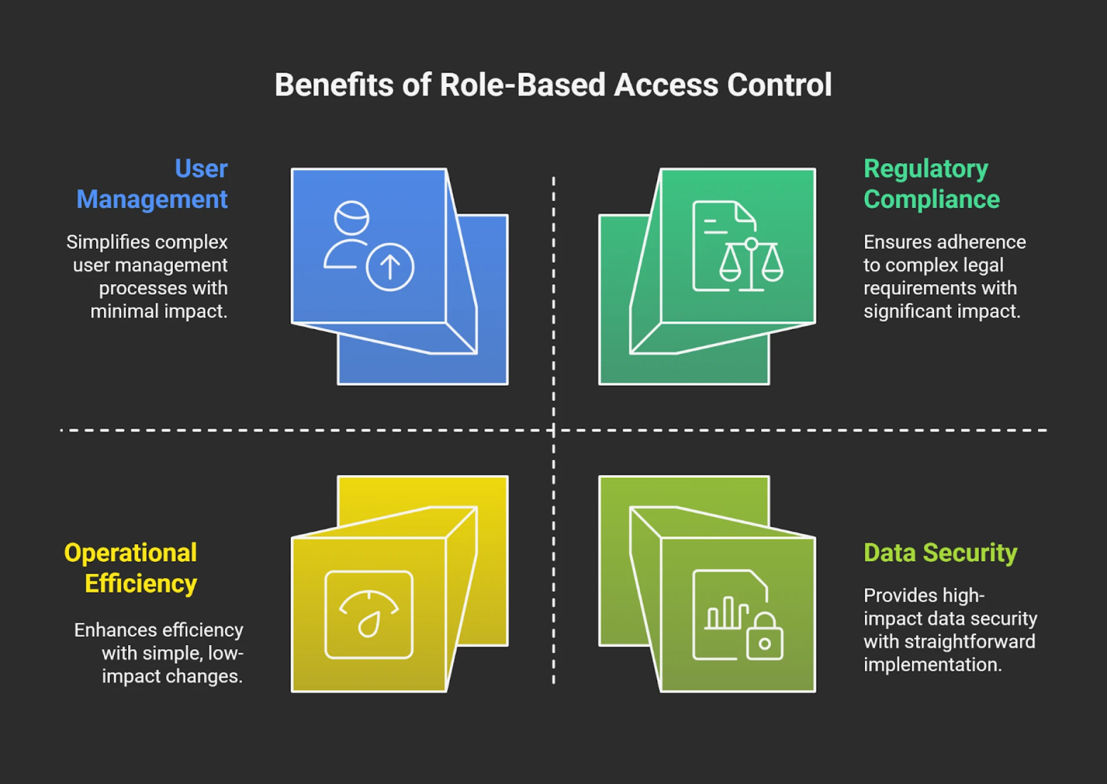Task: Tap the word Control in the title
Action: tap(779, 85)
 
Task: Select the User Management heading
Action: tap(153, 184)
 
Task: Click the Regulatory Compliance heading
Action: tap(931, 184)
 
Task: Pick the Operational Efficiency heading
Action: tap(131, 568)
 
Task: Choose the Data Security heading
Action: tap(940, 552)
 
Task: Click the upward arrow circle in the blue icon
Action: tap(390, 267)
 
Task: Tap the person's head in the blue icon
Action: tap(352, 217)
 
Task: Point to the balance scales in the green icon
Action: tap(751, 264)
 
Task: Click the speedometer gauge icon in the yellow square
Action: tap(369, 615)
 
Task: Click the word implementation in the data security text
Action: tap(932, 665)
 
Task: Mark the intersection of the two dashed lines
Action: tap(553, 430)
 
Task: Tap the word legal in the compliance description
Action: tap(986, 265)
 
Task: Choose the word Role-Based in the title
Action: tap(522, 85)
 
